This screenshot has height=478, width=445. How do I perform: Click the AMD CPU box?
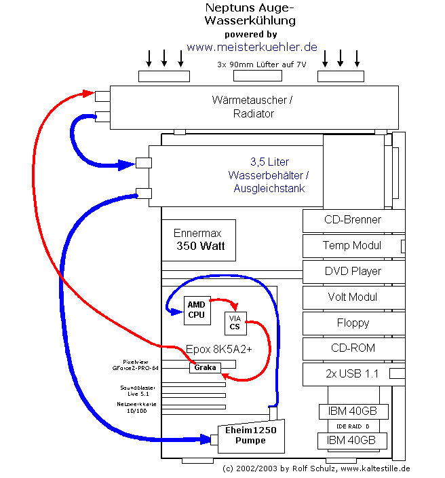[x=195, y=310]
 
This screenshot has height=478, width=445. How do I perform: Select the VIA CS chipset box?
[x=235, y=323]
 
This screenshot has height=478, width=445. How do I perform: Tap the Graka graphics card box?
[x=205, y=367]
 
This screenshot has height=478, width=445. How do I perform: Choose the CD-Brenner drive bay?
[x=352, y=220]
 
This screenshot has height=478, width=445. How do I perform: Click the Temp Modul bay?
[x=352, y=246]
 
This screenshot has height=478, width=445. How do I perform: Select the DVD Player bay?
[x=352, y=272]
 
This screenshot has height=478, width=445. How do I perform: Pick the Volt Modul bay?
[x=352, y=297]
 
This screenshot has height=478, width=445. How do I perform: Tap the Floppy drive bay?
[x=352, y=323]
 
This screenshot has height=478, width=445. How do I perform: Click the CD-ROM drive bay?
[x=352, y=348]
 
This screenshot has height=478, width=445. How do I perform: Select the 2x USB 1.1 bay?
[x=352, y=374]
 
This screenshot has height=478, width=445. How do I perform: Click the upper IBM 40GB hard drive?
[x=353, y=411]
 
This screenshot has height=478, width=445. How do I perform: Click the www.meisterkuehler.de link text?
[x=252, y=48]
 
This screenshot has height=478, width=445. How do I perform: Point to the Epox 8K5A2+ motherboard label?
[x=218, y=350]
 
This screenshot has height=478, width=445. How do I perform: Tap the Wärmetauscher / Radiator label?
[x=253, y=107]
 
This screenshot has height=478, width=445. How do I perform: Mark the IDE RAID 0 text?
[x=353, y=426]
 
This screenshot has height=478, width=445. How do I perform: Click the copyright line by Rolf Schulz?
[x=316, y=468]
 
